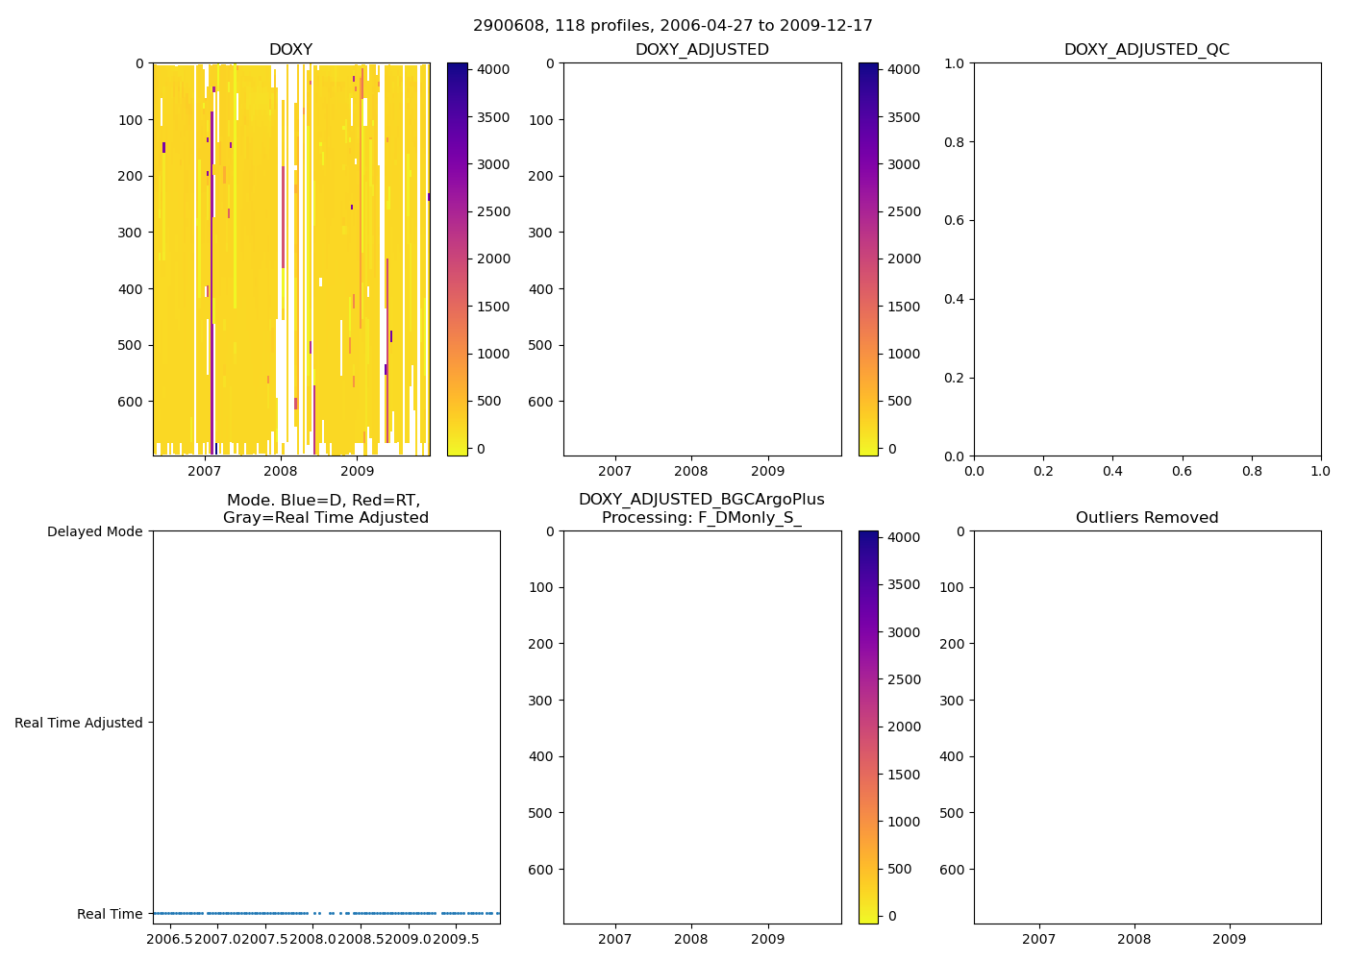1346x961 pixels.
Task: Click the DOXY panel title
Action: point(290,50)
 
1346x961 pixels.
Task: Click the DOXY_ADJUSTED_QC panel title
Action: point(1146,50)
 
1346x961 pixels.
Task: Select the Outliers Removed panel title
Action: point(1146,518)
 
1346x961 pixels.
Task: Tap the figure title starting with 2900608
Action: point(672,26)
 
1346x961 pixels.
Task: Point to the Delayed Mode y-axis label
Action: point(94,531)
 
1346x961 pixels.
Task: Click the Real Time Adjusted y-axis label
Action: point(78,723)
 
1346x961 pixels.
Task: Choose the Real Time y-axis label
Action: point(110,914)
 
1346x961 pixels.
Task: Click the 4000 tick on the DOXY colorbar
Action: point(494,69)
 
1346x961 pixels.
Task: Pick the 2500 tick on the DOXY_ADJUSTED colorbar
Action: point(904,211)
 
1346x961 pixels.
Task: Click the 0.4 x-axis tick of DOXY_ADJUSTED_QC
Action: point(1112,471)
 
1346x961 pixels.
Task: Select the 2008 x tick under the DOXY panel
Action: point(281,471)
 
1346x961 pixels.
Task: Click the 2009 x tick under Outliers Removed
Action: point(1229,939)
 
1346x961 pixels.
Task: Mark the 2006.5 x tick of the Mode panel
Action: point(173,939)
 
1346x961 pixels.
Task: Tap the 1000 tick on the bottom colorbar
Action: point(904,822)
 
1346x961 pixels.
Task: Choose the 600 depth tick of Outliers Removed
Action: point(951,870)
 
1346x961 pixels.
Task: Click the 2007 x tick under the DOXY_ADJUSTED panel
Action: point(614,471)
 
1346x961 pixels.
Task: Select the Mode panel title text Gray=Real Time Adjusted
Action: point(326,518)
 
